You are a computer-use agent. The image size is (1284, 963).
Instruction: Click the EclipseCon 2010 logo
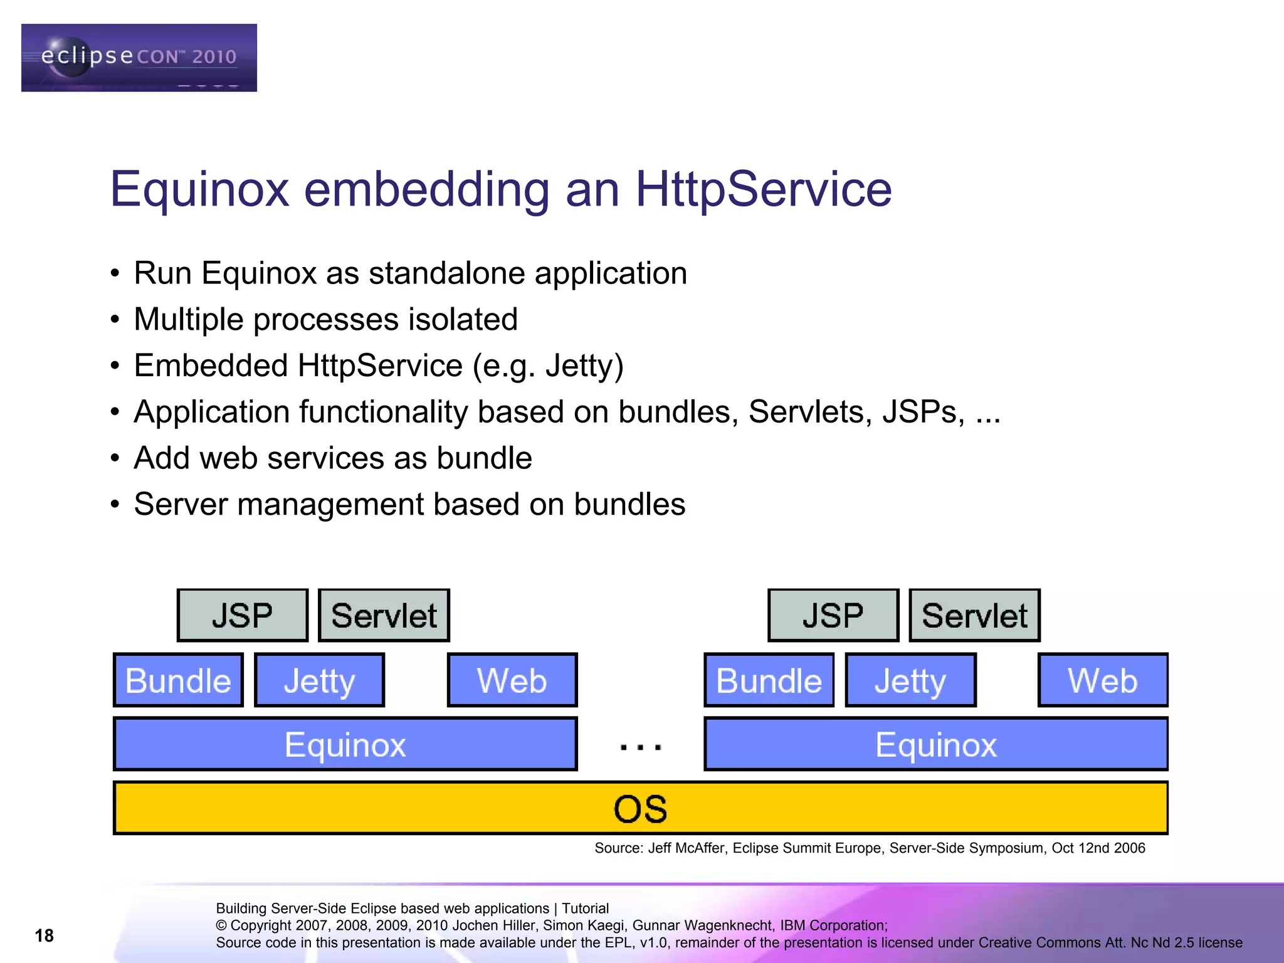139,58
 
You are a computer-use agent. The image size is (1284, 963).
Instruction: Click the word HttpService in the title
763,189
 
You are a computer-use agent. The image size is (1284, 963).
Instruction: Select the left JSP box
243,615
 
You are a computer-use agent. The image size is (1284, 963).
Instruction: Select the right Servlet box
974,615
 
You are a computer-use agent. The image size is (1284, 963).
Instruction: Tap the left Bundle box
178,680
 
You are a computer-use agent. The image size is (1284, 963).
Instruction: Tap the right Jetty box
910,680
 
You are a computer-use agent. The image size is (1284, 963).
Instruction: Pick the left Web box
512,680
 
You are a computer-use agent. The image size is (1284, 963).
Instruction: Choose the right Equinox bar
935,744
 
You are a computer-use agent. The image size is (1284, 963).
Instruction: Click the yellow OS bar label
640,808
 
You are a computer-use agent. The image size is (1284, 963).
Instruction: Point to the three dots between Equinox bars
640,747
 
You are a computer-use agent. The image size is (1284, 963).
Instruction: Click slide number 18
44,935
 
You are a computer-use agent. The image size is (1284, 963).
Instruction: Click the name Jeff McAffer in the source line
686,848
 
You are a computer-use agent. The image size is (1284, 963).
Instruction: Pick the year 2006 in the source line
1129,848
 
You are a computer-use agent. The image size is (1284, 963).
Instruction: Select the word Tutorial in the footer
585,908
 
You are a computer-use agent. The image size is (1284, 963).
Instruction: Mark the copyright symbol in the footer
221,926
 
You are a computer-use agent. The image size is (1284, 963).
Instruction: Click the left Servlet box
384,615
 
